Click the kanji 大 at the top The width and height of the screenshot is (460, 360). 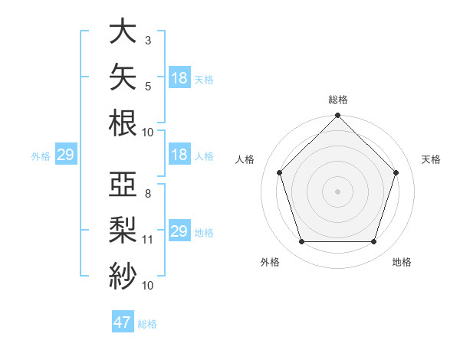click(123, 31)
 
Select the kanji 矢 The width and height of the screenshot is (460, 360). click(123, 77)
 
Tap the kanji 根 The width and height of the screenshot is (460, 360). click(123, 123)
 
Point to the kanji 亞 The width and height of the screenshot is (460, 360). click(123, 184)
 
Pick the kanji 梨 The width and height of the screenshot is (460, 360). click(123, 230)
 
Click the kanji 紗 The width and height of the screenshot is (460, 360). click(123, 276)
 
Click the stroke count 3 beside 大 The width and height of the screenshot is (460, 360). click(148, 41)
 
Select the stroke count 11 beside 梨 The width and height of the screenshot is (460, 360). click(147, 240)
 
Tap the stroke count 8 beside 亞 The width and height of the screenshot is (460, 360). click(148, 194)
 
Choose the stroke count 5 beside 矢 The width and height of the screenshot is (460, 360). click(148, 87)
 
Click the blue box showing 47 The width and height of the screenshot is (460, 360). click(123, 321)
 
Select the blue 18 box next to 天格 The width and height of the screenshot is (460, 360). click(180, 77)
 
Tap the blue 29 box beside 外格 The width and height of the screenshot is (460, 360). click(66, 153)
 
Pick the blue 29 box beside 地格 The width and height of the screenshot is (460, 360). click(180, 230)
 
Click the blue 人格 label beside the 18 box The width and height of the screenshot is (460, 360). click(204, 156)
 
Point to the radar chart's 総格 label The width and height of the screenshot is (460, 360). click(338, 100)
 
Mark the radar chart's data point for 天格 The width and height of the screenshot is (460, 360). click(396, 172)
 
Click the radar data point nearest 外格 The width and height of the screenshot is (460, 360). click(302, 241)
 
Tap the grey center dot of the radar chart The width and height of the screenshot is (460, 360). click(337, 191)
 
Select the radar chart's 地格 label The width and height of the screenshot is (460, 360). click(402, 262)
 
